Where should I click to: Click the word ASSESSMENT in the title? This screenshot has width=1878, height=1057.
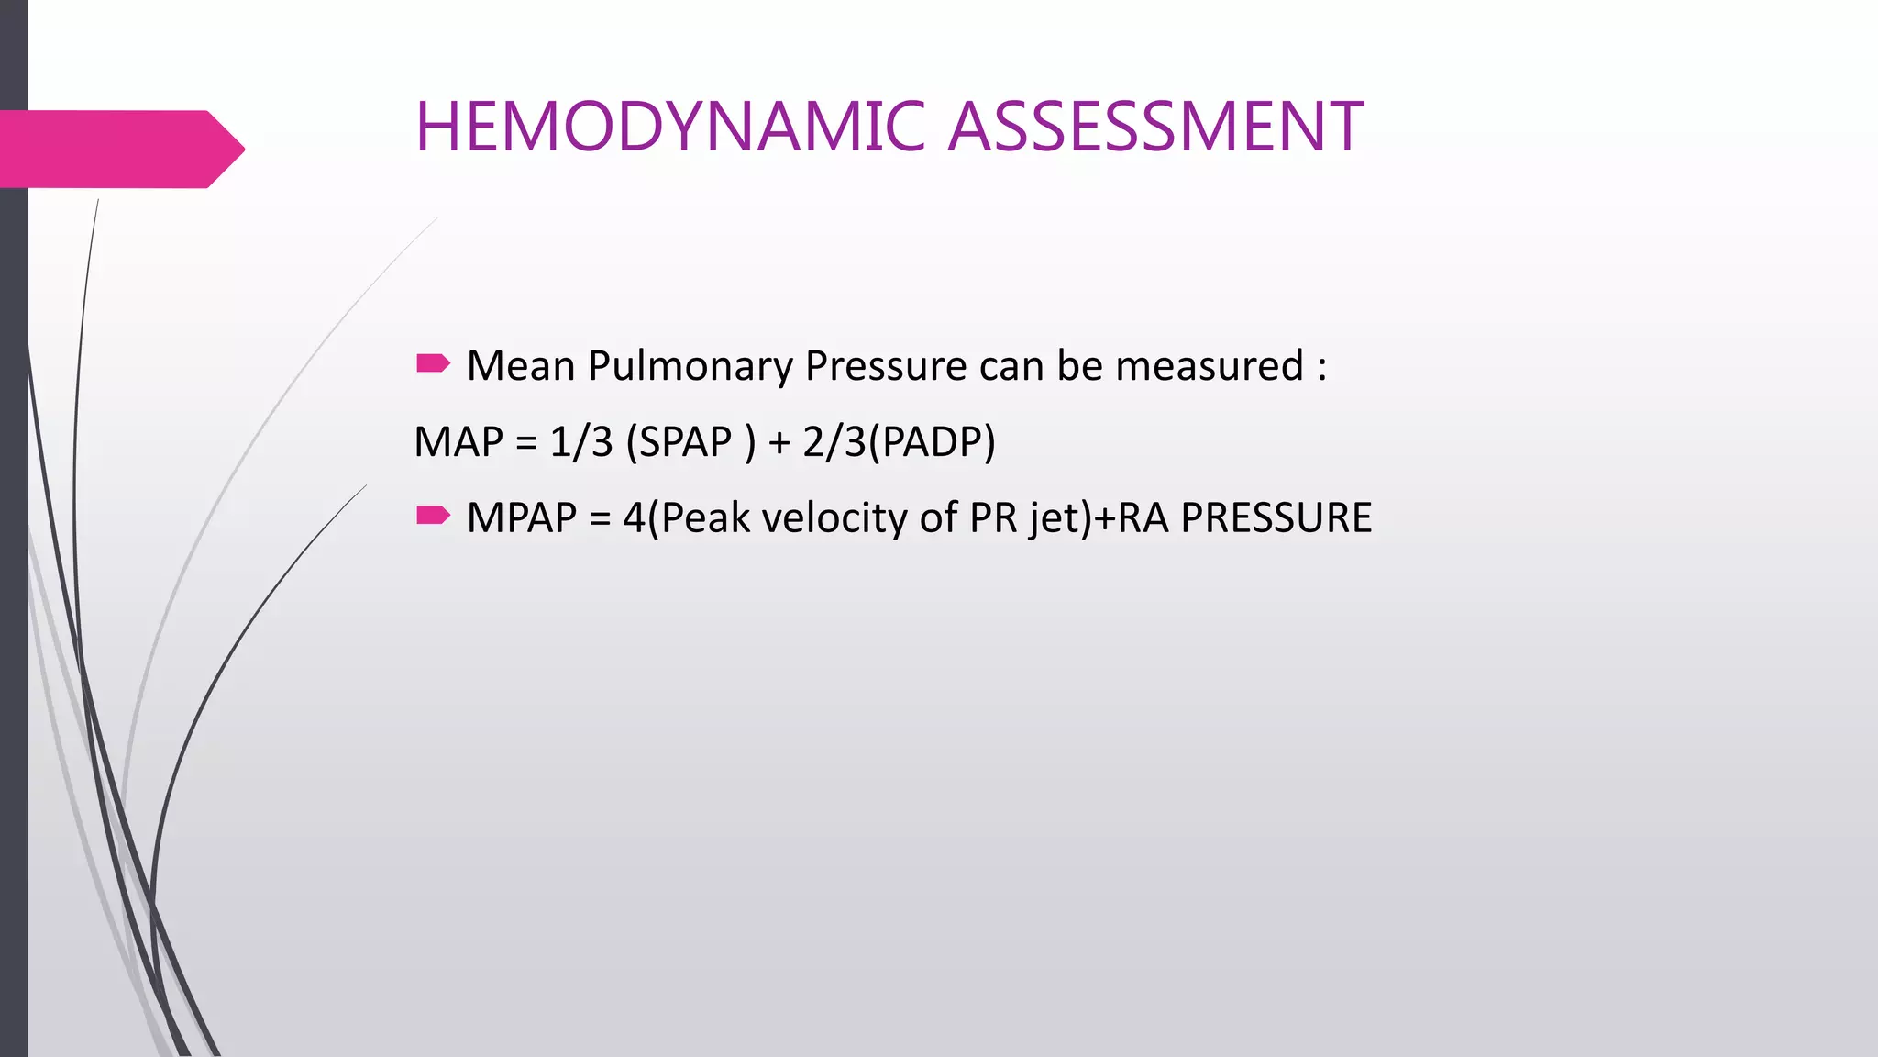[1155, 127]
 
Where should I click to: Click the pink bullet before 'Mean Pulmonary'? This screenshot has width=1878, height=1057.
[433, 364]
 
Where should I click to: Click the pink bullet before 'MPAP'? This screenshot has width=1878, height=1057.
[433, 516]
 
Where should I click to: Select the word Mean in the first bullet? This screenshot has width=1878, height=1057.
[520, 366]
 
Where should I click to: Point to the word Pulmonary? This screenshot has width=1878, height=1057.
[690, 366]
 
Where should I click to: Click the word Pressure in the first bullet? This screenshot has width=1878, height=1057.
[885, 366]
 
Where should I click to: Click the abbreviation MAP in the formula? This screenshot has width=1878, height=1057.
[458, 442]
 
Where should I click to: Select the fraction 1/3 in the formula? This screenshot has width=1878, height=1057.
[580, 442]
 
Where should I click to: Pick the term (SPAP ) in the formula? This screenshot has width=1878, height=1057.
[690, 442]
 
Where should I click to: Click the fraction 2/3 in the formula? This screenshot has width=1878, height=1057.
[833, 442]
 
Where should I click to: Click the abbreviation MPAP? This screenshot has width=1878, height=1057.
[521, 518]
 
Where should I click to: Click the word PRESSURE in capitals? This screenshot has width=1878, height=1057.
[1276, 518]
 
